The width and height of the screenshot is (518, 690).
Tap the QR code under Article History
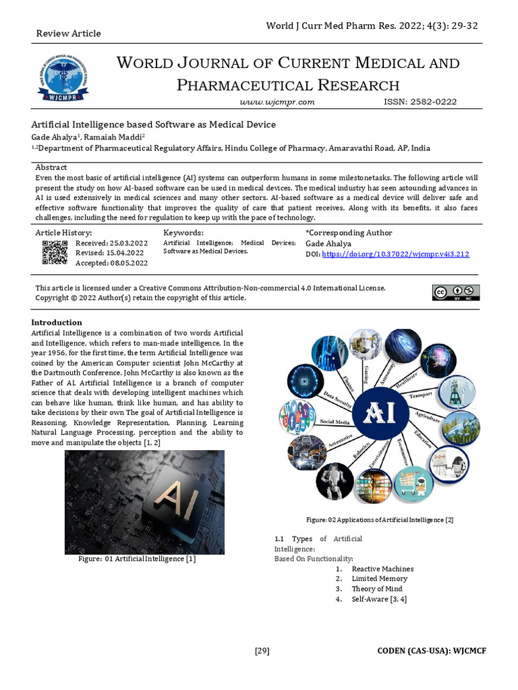55,253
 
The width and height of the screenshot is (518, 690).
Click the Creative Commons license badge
456,292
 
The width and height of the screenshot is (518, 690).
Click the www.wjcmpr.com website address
278,102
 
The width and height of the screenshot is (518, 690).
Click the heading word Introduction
57,323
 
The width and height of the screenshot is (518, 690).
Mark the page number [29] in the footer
262,650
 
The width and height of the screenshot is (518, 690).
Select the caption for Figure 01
137,559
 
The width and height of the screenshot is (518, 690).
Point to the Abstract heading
51,167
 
